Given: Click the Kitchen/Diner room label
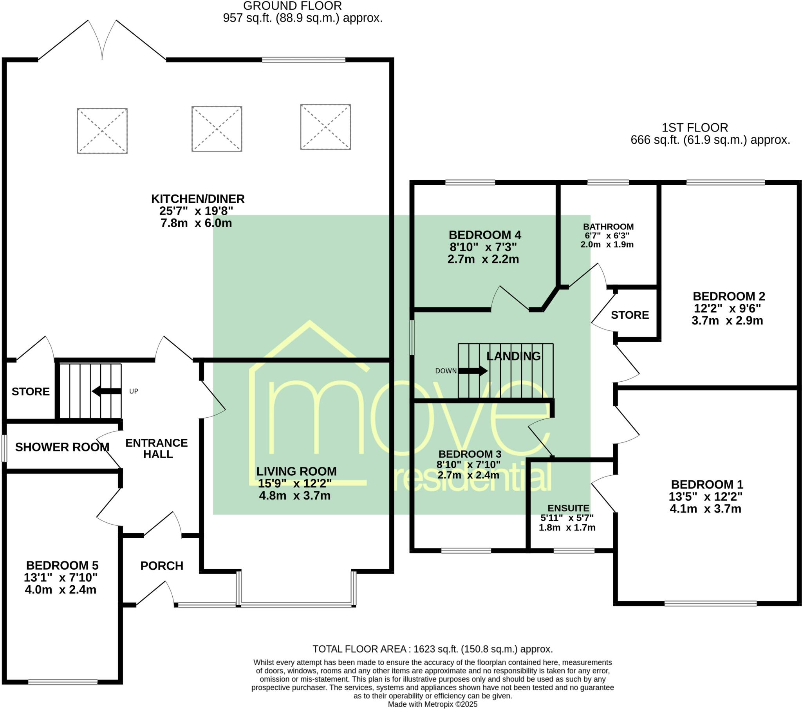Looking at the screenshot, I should coord(198,199).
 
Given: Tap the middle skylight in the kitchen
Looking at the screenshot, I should coord(217,129).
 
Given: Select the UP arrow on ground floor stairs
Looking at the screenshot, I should coord(107,391).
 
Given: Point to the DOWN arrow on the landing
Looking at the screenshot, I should coord(473,371).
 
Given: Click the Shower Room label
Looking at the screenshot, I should coord(62,447).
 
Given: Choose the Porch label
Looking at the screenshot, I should coord(162,566).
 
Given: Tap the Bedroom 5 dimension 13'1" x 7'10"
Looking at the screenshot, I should coord(60,577).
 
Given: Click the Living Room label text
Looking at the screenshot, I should coord(296,471).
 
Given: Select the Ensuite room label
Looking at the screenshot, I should coord(568,509).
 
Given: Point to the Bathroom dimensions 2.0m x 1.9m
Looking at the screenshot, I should coord(607,244).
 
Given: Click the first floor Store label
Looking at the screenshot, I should coord(630,315).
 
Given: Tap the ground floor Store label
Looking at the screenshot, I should coord(31,391).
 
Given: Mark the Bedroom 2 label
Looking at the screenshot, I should coord(729,296).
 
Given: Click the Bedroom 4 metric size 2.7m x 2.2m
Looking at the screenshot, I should coord(483,259).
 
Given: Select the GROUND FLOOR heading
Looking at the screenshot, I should coord(292,6).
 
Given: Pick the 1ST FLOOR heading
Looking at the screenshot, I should coord(694,128).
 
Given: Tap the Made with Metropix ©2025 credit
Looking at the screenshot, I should coord(432,704).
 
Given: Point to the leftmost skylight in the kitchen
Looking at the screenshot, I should coord(102,131).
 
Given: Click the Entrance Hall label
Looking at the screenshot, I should coord(157,449).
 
